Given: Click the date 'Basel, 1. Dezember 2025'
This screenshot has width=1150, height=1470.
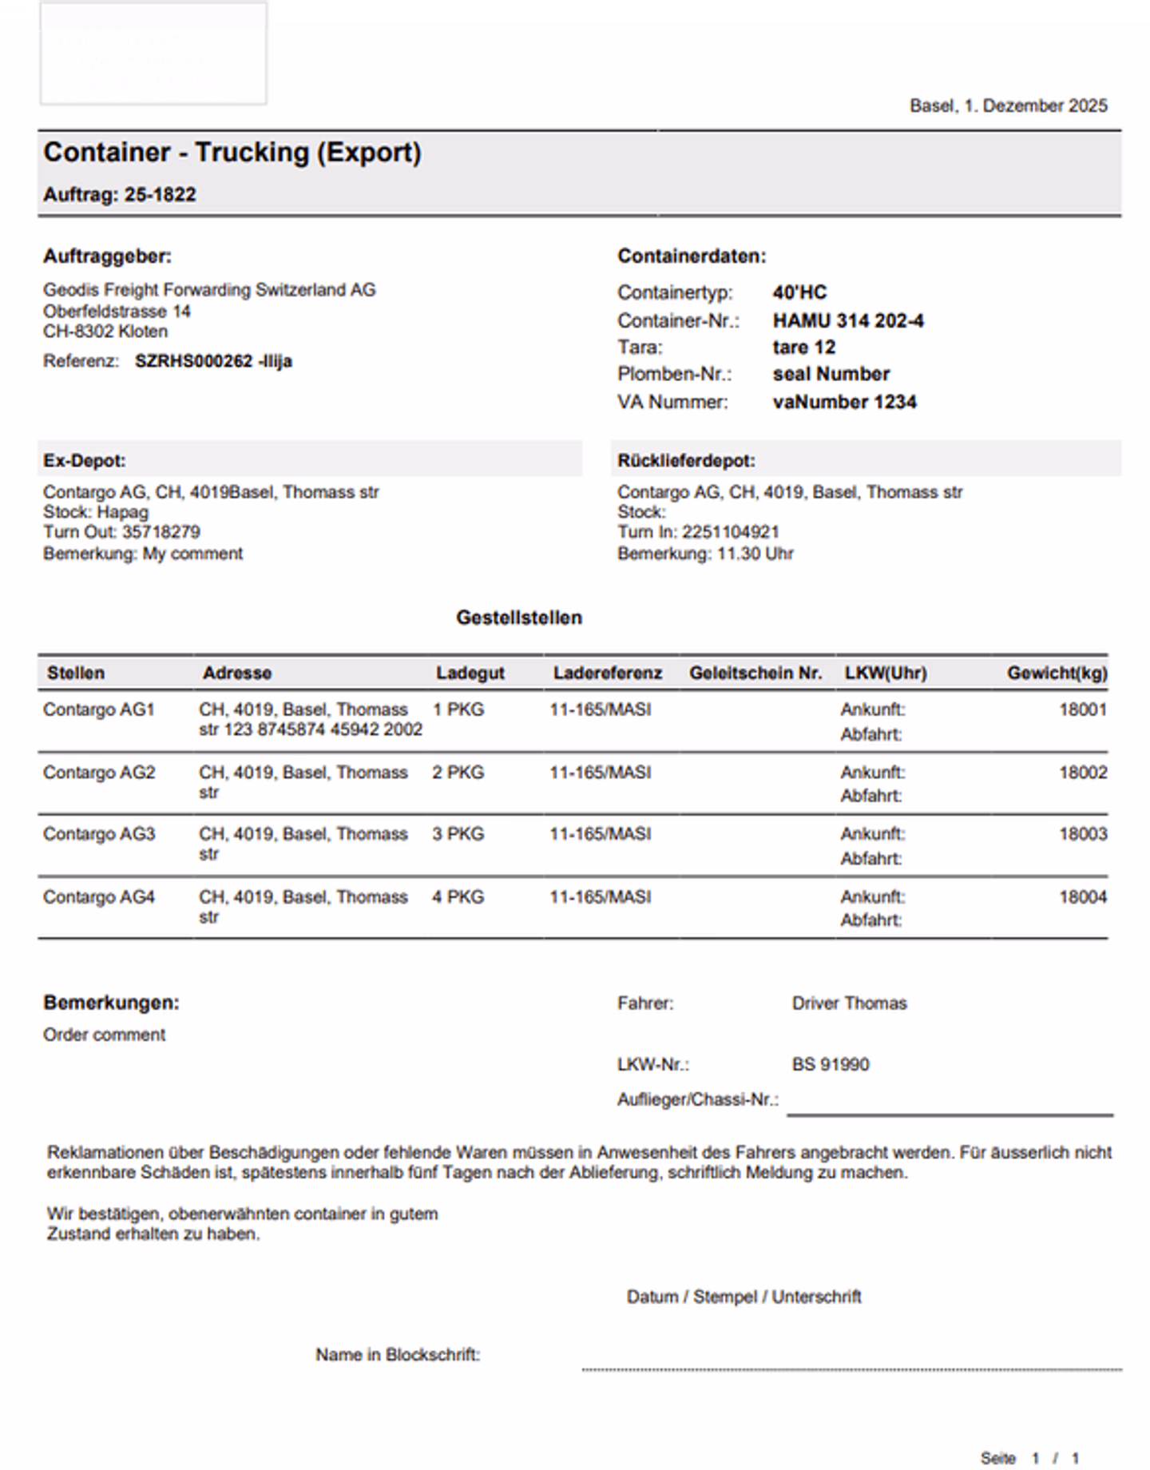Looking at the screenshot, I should [x=1008, y=105].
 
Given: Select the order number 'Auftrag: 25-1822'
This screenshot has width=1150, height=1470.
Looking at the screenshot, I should [x=120, y=195].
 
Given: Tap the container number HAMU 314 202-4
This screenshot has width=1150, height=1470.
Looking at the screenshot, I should [x=848, y=321].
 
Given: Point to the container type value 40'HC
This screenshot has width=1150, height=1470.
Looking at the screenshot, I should [x=799, y=292].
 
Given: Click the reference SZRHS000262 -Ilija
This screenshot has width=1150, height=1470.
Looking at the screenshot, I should [x=213, y=361].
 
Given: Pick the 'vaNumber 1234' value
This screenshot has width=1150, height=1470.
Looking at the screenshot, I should [x=844, y=402].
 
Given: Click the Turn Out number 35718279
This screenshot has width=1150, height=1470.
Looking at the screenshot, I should [x=161, y=532].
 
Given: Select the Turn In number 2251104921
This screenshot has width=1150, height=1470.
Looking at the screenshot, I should [x=730, y=532].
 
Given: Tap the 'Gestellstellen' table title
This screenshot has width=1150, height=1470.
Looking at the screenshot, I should [x=519, y=618].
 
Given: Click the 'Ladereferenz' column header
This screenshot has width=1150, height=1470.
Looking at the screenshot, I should [x=608, y=673].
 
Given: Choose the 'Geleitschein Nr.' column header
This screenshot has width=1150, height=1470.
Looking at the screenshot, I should [x=755, y=673].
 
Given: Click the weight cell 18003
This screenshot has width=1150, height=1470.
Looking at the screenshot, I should [x=1083, y=834].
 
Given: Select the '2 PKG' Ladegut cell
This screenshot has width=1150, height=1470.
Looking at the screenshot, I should [x=458, y=773].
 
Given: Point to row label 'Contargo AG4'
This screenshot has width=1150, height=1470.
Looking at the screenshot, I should [x=99, y=897].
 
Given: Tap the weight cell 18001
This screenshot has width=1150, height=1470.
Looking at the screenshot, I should [x=1083, y=709].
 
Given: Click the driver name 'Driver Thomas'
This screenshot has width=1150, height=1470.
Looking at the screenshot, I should [x=849, y=1003].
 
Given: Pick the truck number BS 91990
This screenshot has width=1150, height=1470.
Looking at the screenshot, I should [x=831, y=1065].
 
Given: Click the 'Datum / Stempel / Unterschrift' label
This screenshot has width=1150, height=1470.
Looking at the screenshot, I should [x=744, y=1297].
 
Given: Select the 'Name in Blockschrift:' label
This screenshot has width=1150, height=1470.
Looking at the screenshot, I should [x=398, y=1355].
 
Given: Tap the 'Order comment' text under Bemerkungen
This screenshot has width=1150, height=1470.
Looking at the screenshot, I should [x=105, y=1035].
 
